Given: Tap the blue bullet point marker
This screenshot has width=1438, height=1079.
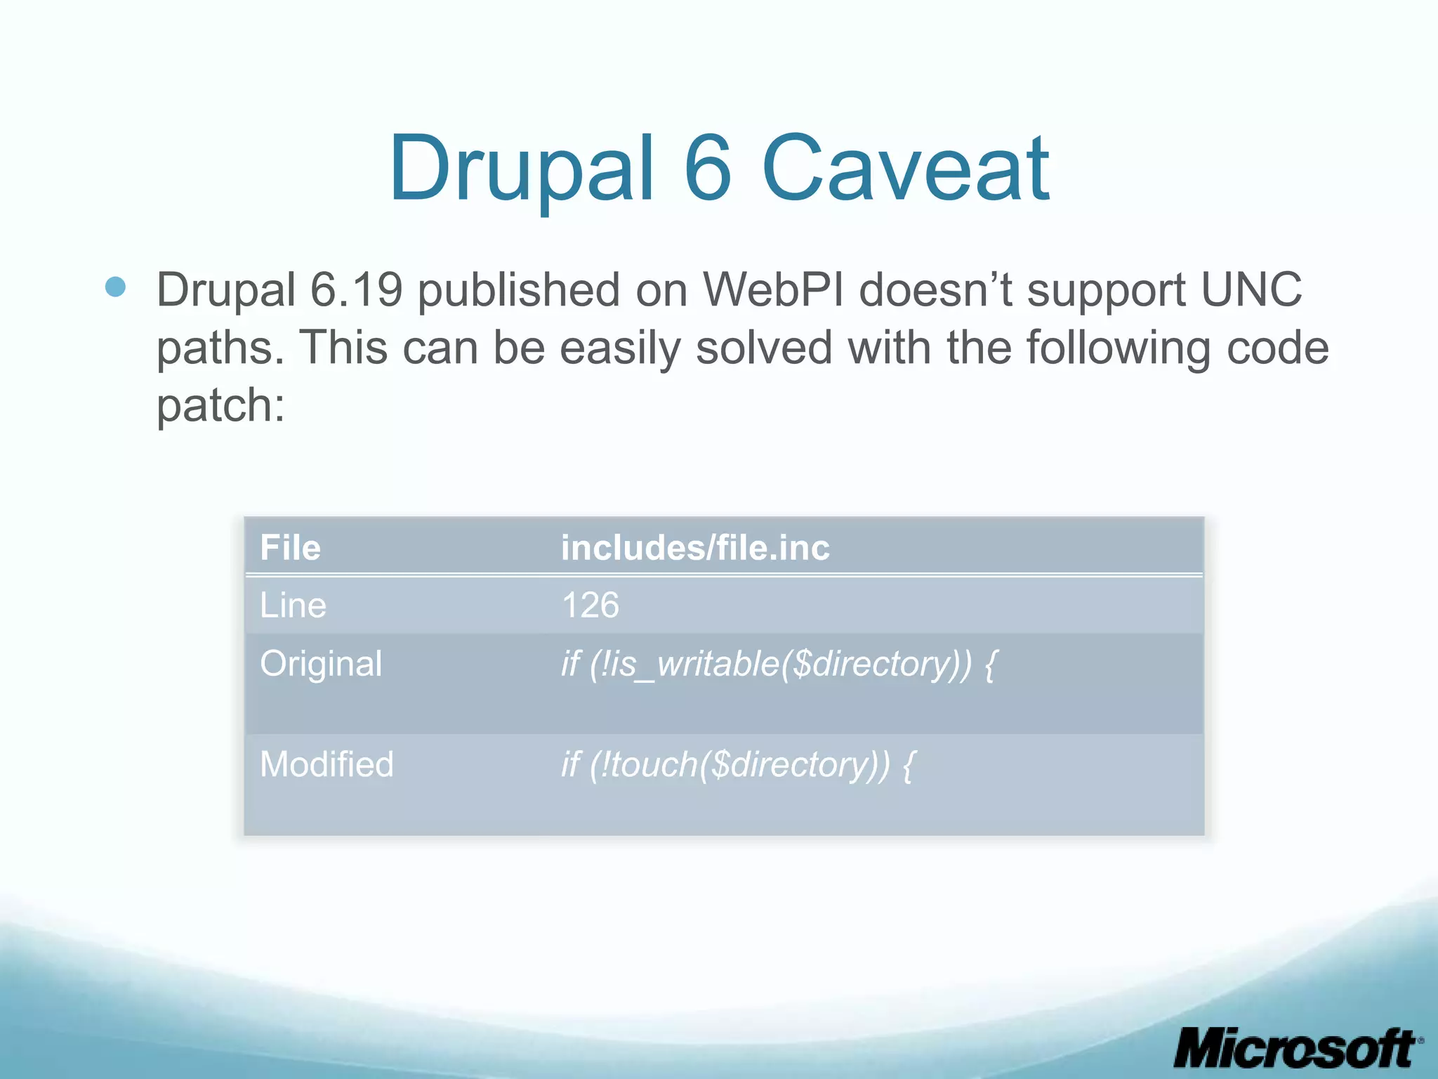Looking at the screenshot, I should click(115, 287).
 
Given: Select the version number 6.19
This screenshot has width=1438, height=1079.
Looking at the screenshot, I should click(356, 289).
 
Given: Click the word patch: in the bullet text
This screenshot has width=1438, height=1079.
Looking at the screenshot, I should click(220, 406).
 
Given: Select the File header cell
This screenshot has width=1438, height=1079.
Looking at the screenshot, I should click(290, 548).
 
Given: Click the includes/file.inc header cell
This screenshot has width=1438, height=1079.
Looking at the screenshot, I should click(695, 548).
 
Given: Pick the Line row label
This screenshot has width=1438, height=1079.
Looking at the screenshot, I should click(293, 606).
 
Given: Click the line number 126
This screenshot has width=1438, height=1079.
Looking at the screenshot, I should click(591, 606).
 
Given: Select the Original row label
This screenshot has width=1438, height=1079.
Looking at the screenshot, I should click(321, 664).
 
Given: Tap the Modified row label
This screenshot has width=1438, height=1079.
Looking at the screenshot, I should click(326, 764).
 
